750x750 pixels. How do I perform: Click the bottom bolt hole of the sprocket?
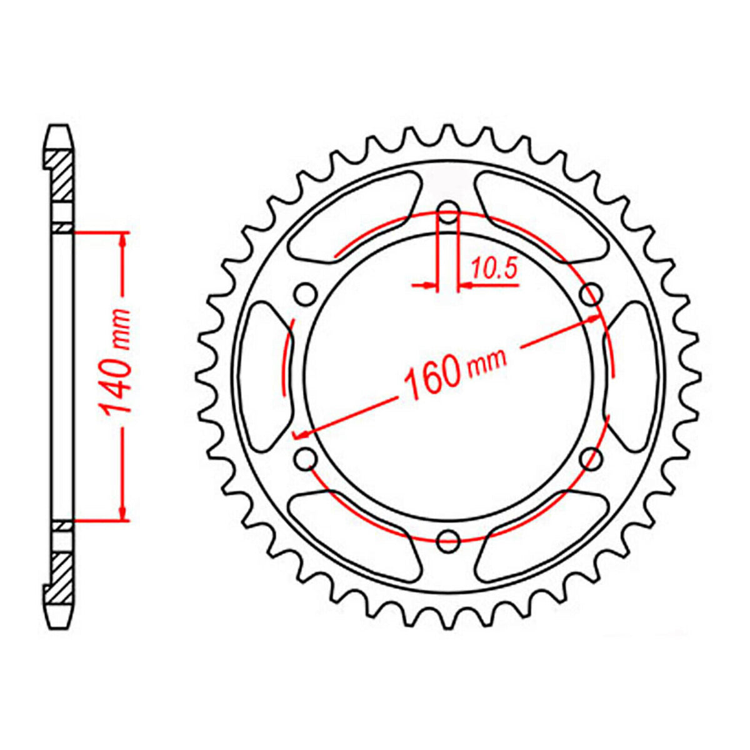(448, 541)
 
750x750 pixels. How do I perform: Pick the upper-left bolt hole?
(305, 294)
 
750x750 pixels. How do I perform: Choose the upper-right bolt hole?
(591, 294)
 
